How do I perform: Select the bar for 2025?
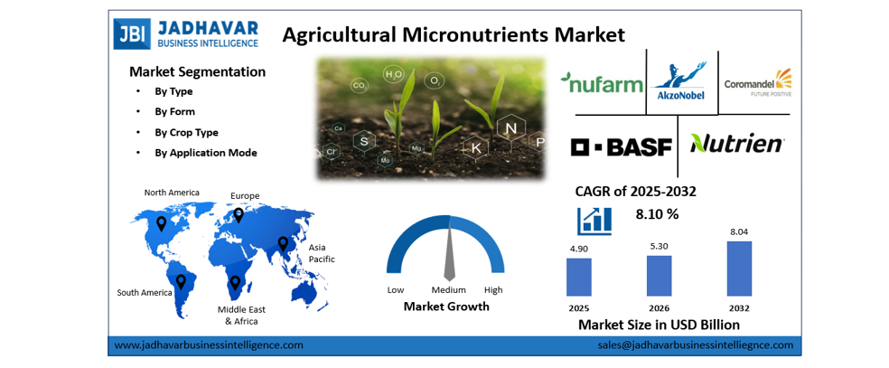coord(578,277)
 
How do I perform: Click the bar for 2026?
coord(659,275)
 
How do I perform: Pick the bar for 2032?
coord(739,268)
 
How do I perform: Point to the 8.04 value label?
coord(739,231)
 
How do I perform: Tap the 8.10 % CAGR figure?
coord(657,214)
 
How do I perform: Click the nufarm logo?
coord(602,84)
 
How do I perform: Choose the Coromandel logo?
coord(757,83)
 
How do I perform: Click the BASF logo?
coord(622,146)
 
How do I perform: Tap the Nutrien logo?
coord(737,144)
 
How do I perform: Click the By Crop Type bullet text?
coord(186,132)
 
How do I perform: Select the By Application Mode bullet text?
coord(205,153)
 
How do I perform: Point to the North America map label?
coord(172,193)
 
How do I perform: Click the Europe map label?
coord(245,195)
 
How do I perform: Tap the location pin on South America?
coord(179,281)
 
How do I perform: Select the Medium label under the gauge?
coord(448,289)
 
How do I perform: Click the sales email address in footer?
coord(695,344)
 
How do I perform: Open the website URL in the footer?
coord(210,344)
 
